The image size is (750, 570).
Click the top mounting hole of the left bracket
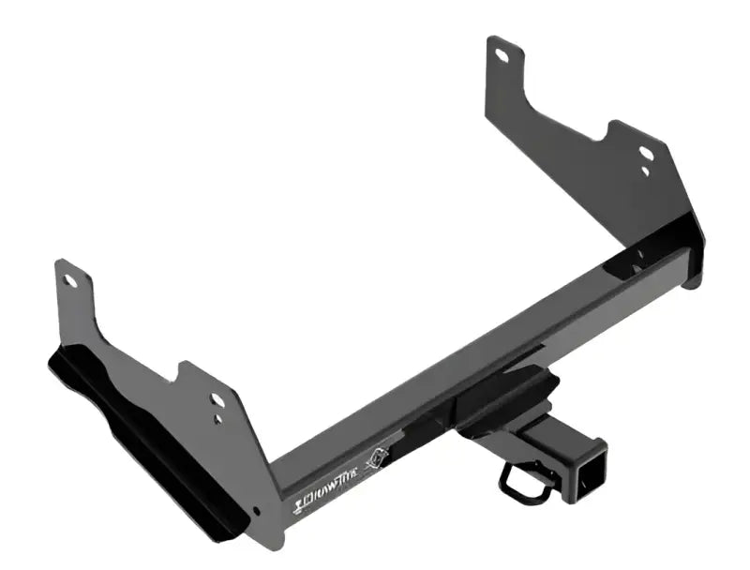coord(68,279)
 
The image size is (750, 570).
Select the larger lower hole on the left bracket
coord(217,400)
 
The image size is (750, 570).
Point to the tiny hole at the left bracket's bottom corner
coord(257,511)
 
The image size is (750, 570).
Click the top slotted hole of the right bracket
coord(502,55)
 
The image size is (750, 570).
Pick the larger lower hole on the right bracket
coord(646,153)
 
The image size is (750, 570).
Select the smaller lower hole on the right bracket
coord(645,171)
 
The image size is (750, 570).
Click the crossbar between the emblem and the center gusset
coord(431,422)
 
